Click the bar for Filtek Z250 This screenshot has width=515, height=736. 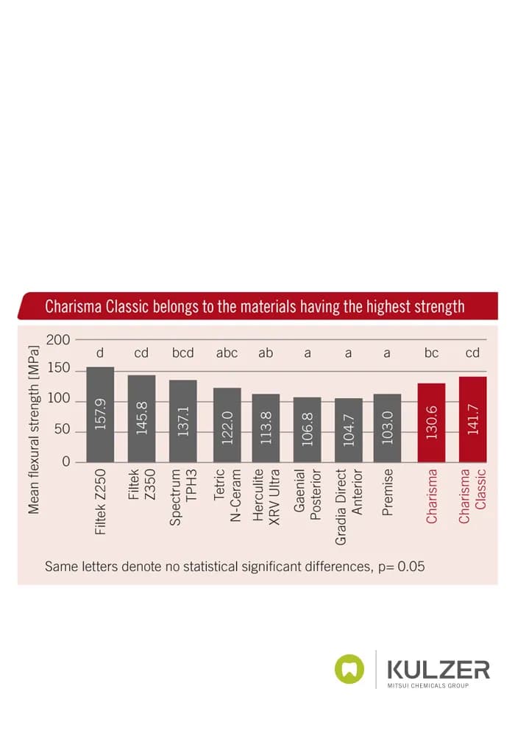[x=100, y=414]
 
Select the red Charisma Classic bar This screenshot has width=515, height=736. [x=473, y=420]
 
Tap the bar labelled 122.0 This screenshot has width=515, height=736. [x=227, y=425]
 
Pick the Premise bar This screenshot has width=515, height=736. [x=388, y=428]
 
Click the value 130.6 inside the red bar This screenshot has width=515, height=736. [x=432, y=422]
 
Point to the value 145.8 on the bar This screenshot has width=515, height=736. [x=142, y=417]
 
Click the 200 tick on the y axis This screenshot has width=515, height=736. [x=58, y=339]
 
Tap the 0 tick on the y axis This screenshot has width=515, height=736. [x=66, y=461]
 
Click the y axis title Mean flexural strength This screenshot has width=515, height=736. [x=33, y=430]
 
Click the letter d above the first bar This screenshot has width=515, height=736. [x=100, y=353]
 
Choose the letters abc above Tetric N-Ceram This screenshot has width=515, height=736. [x=227, y=353]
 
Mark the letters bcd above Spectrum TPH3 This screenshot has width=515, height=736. [x=183, y=353]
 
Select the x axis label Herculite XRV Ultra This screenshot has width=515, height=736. [x=266, y=497]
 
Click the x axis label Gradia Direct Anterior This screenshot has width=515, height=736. [x=349, y=506]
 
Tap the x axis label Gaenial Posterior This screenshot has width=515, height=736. [x=308, y=495]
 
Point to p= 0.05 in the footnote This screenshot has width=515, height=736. [x=402, y=566]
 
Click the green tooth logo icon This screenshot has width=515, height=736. [x=349, y=669]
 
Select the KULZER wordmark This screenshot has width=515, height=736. [x=438, y=669]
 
